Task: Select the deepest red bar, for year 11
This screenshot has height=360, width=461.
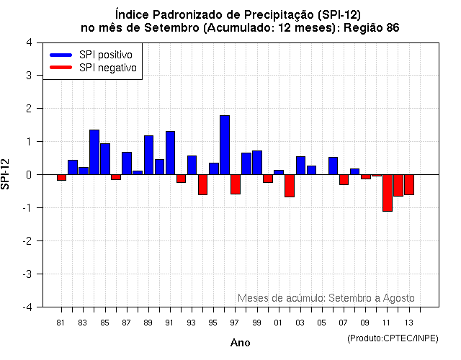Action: point(388,193)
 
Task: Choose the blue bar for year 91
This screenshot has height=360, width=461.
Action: point(170,153)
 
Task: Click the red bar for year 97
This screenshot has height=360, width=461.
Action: point(236,184)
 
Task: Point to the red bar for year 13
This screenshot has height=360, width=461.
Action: point(409,184)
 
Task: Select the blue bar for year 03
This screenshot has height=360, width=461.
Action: point(300,166)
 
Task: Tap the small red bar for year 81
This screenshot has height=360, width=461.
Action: point(62,177)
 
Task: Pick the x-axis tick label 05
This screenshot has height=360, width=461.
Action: point(321,323)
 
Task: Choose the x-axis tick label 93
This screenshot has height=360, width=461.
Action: point(191,323)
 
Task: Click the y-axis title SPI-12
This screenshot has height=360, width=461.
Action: point(6,174)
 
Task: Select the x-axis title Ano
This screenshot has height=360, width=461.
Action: point(240,343)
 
